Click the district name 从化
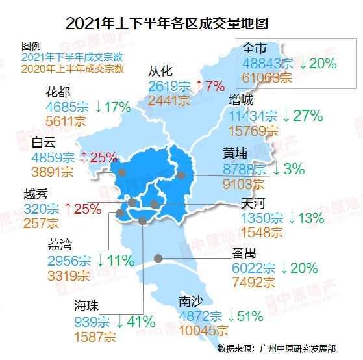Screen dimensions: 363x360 (160, 71)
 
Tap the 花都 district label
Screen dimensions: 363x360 (58, 92)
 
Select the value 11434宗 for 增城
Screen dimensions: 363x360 (253, 116)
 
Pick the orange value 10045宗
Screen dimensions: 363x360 (203, 330)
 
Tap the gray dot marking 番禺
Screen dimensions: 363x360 (158, 258)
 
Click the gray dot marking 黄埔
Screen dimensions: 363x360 (181, 175)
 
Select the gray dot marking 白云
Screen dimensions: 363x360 (122, 172)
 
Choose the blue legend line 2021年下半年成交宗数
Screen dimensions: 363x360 (72, 57)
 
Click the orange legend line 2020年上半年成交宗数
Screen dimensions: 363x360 (73, 69)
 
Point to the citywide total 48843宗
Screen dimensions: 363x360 (268, 63)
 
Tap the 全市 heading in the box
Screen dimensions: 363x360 (254, 48)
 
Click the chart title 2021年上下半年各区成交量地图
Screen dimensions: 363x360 (167, 23)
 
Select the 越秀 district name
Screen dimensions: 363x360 (36, 194)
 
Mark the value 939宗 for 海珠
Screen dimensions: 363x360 (92, 322)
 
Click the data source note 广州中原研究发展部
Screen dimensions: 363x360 (297, 349)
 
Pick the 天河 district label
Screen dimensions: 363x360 (253, 203)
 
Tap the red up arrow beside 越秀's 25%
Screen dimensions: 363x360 (68, 209)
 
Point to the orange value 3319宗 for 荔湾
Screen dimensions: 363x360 (69, 276)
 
